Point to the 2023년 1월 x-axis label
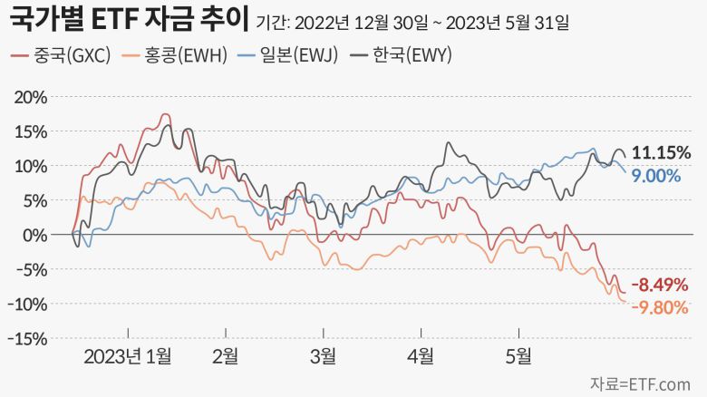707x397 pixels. pyautogui.click(x=127, y=356)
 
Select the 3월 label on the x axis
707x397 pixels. pyautogui.click(x=322, y=356)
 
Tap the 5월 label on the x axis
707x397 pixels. pyautogui.click(x=518, y=356)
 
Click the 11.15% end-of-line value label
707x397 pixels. pyautogui.click(x=662, y=152)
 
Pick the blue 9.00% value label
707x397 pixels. pyautogui.click(x=656, y=176)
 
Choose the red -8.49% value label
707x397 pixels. pyautogui.click(x=660, y=286)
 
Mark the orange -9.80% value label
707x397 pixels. pyautogui.click(x=660, y=307)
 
